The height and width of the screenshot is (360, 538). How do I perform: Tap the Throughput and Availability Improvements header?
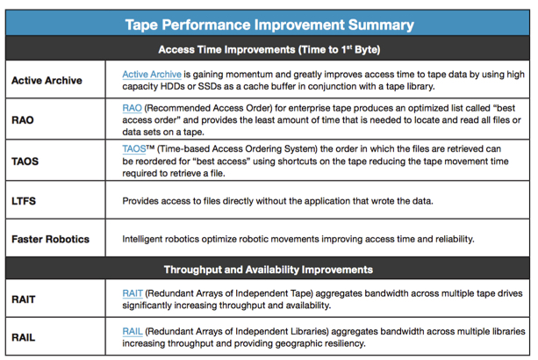click(269, 269)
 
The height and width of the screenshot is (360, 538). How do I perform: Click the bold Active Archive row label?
click(47, 80)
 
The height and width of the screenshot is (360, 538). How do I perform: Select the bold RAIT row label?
click(25, 299)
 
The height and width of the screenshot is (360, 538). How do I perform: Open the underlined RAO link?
click(133, 107)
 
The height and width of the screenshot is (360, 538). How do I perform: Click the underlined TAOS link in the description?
click(134, 149)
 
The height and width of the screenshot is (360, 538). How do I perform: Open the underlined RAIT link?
click(133, 292)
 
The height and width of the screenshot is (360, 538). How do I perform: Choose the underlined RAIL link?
click(133, 330)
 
